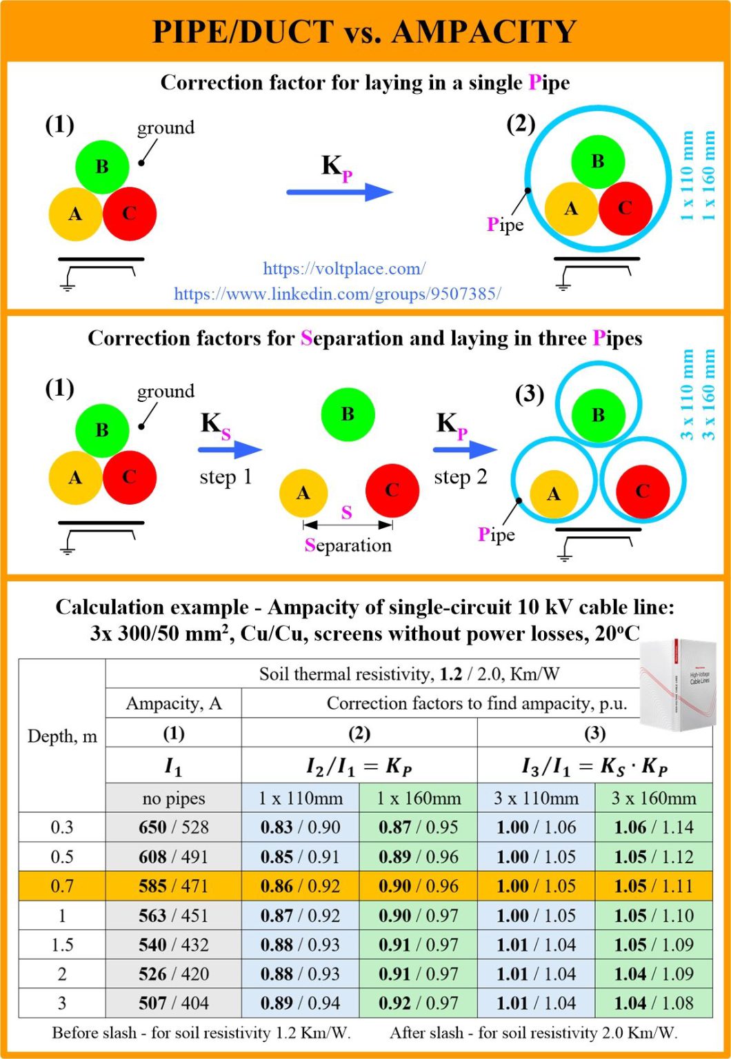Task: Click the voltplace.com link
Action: [x=344, y=269]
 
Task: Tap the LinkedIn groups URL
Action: [x=337, y=294]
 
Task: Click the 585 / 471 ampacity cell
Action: [x=173, y=886]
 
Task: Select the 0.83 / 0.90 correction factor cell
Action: [x=300, y=827]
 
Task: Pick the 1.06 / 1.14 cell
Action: [x=654, y=827]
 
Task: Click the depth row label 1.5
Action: [x=62, y=945]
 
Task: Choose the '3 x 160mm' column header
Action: [x=654, y=798]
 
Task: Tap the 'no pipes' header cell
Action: [x=173, y=798]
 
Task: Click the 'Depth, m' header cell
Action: [x=62, y=736]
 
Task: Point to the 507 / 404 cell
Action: [x=173, y=1003]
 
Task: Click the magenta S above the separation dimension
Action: [x=347, y=512]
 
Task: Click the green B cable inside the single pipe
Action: [x=598, y=162]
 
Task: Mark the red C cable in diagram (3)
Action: [x=643, y=491]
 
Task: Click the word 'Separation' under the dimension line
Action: [x=348, y=545]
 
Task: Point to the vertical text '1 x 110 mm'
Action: [x=688, y=175]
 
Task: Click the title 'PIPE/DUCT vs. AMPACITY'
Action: [x=365, y=32]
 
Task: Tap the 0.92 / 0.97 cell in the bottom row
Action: [x=418, y=1003]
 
